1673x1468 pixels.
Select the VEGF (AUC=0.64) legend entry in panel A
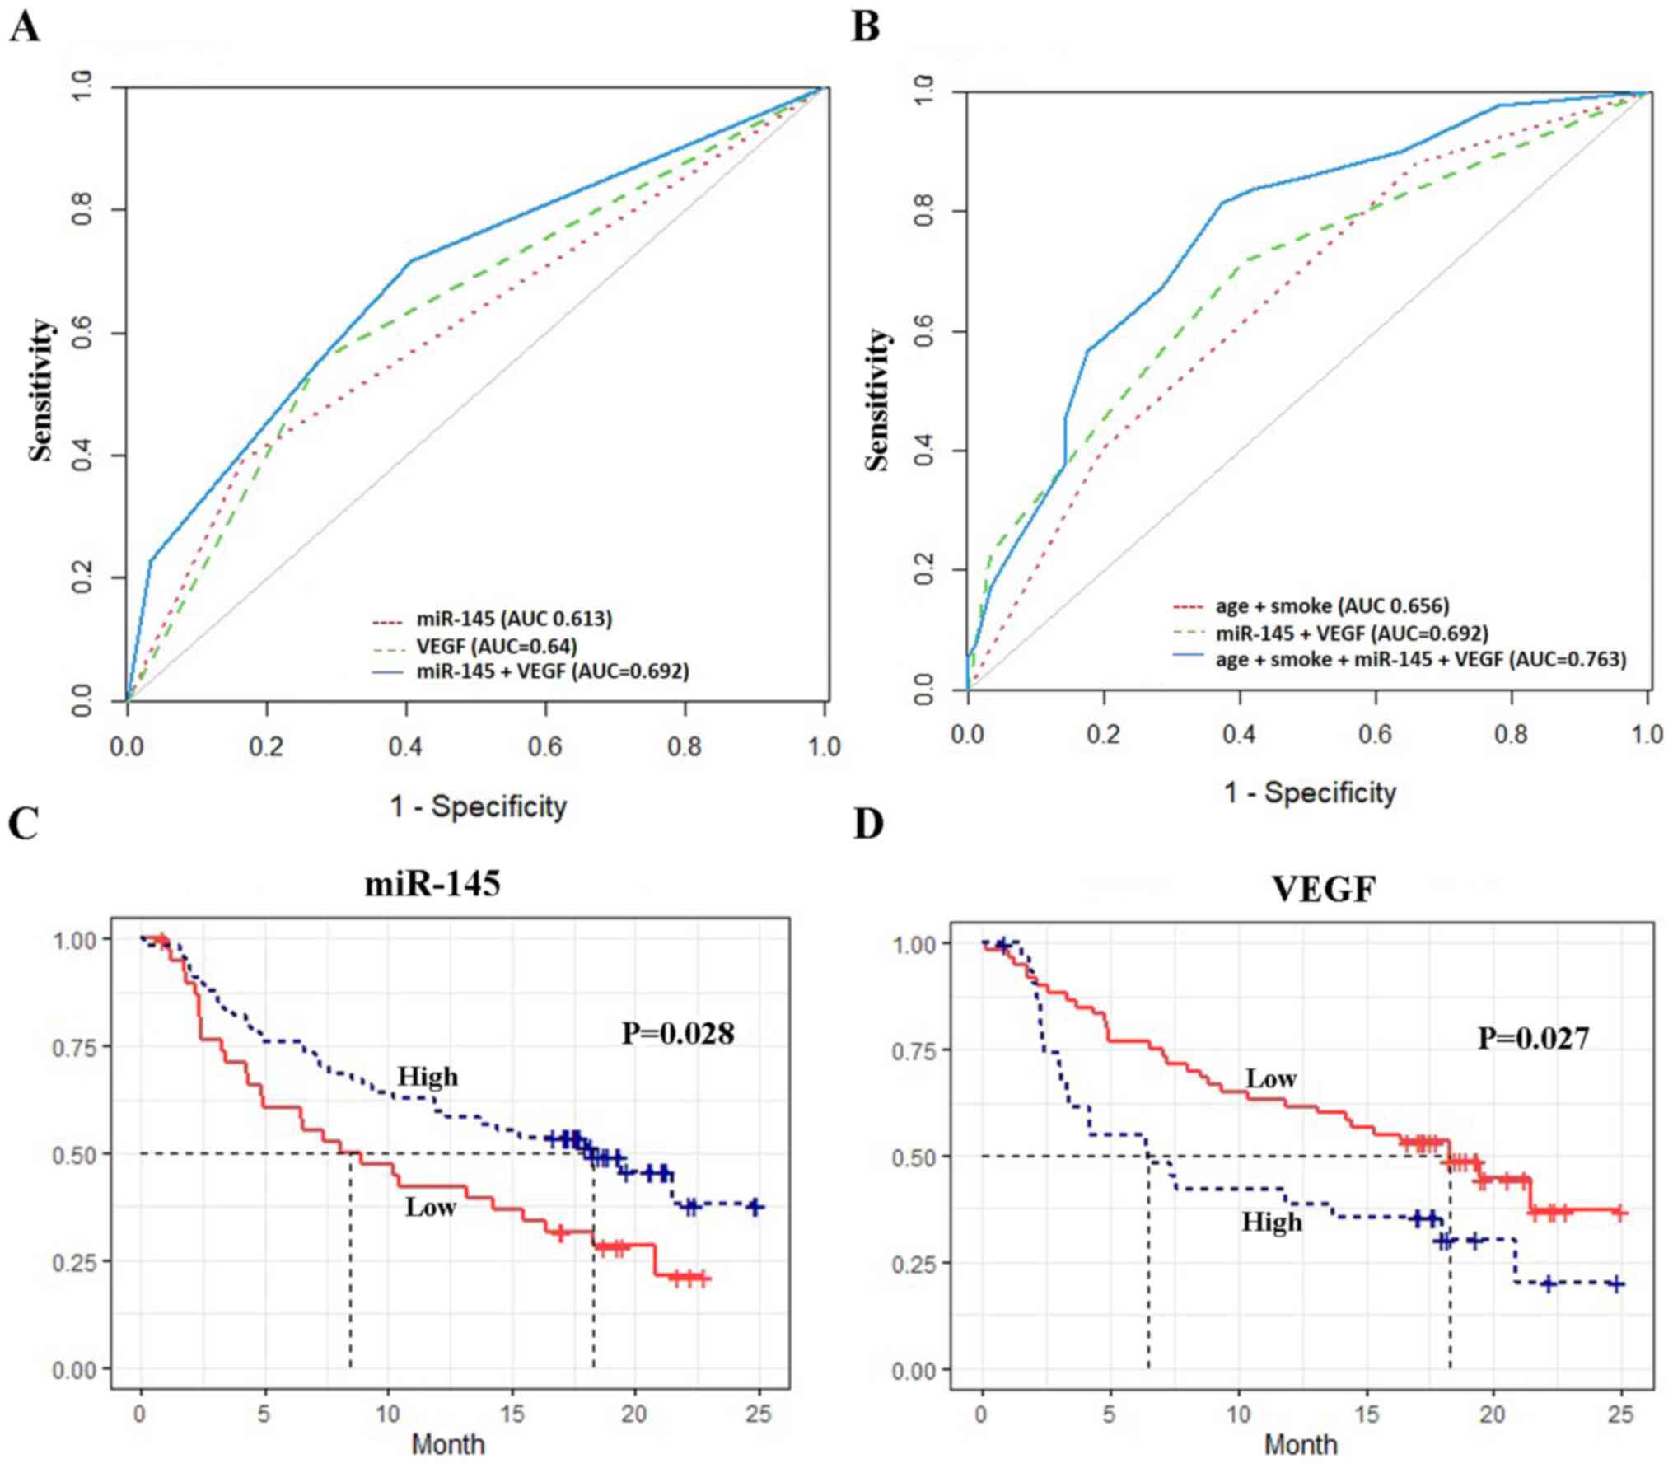pos(496,645)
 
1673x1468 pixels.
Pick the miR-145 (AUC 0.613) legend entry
pos(514,619)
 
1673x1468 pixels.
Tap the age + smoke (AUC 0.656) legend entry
pos(1332,606)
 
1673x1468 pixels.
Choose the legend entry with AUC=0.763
pos(1421,659)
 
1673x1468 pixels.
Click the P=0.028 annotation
pos(677,1033)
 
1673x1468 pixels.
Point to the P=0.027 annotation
pos(1533,1038)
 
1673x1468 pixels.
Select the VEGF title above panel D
pos(1324,889)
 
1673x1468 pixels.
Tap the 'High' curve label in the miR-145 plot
pos(428,1077)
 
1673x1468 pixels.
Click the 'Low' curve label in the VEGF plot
pos(1271,1078)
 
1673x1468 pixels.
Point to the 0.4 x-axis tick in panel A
pos(405,747)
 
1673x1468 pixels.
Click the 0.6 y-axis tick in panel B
pos(925,331)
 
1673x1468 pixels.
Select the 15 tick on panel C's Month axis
pos(512,1414)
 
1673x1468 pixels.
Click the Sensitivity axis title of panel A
pos(41,391)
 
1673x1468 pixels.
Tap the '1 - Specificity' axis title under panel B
pos(1310,792)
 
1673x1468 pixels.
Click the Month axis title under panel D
pos(1301,1444)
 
